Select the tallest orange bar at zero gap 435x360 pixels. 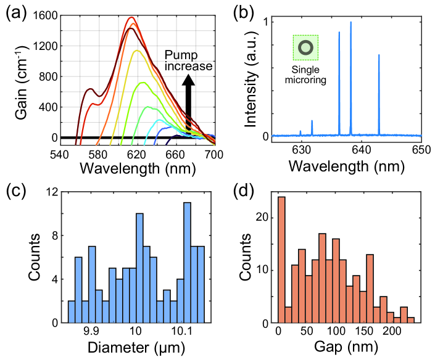click(281, 260)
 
